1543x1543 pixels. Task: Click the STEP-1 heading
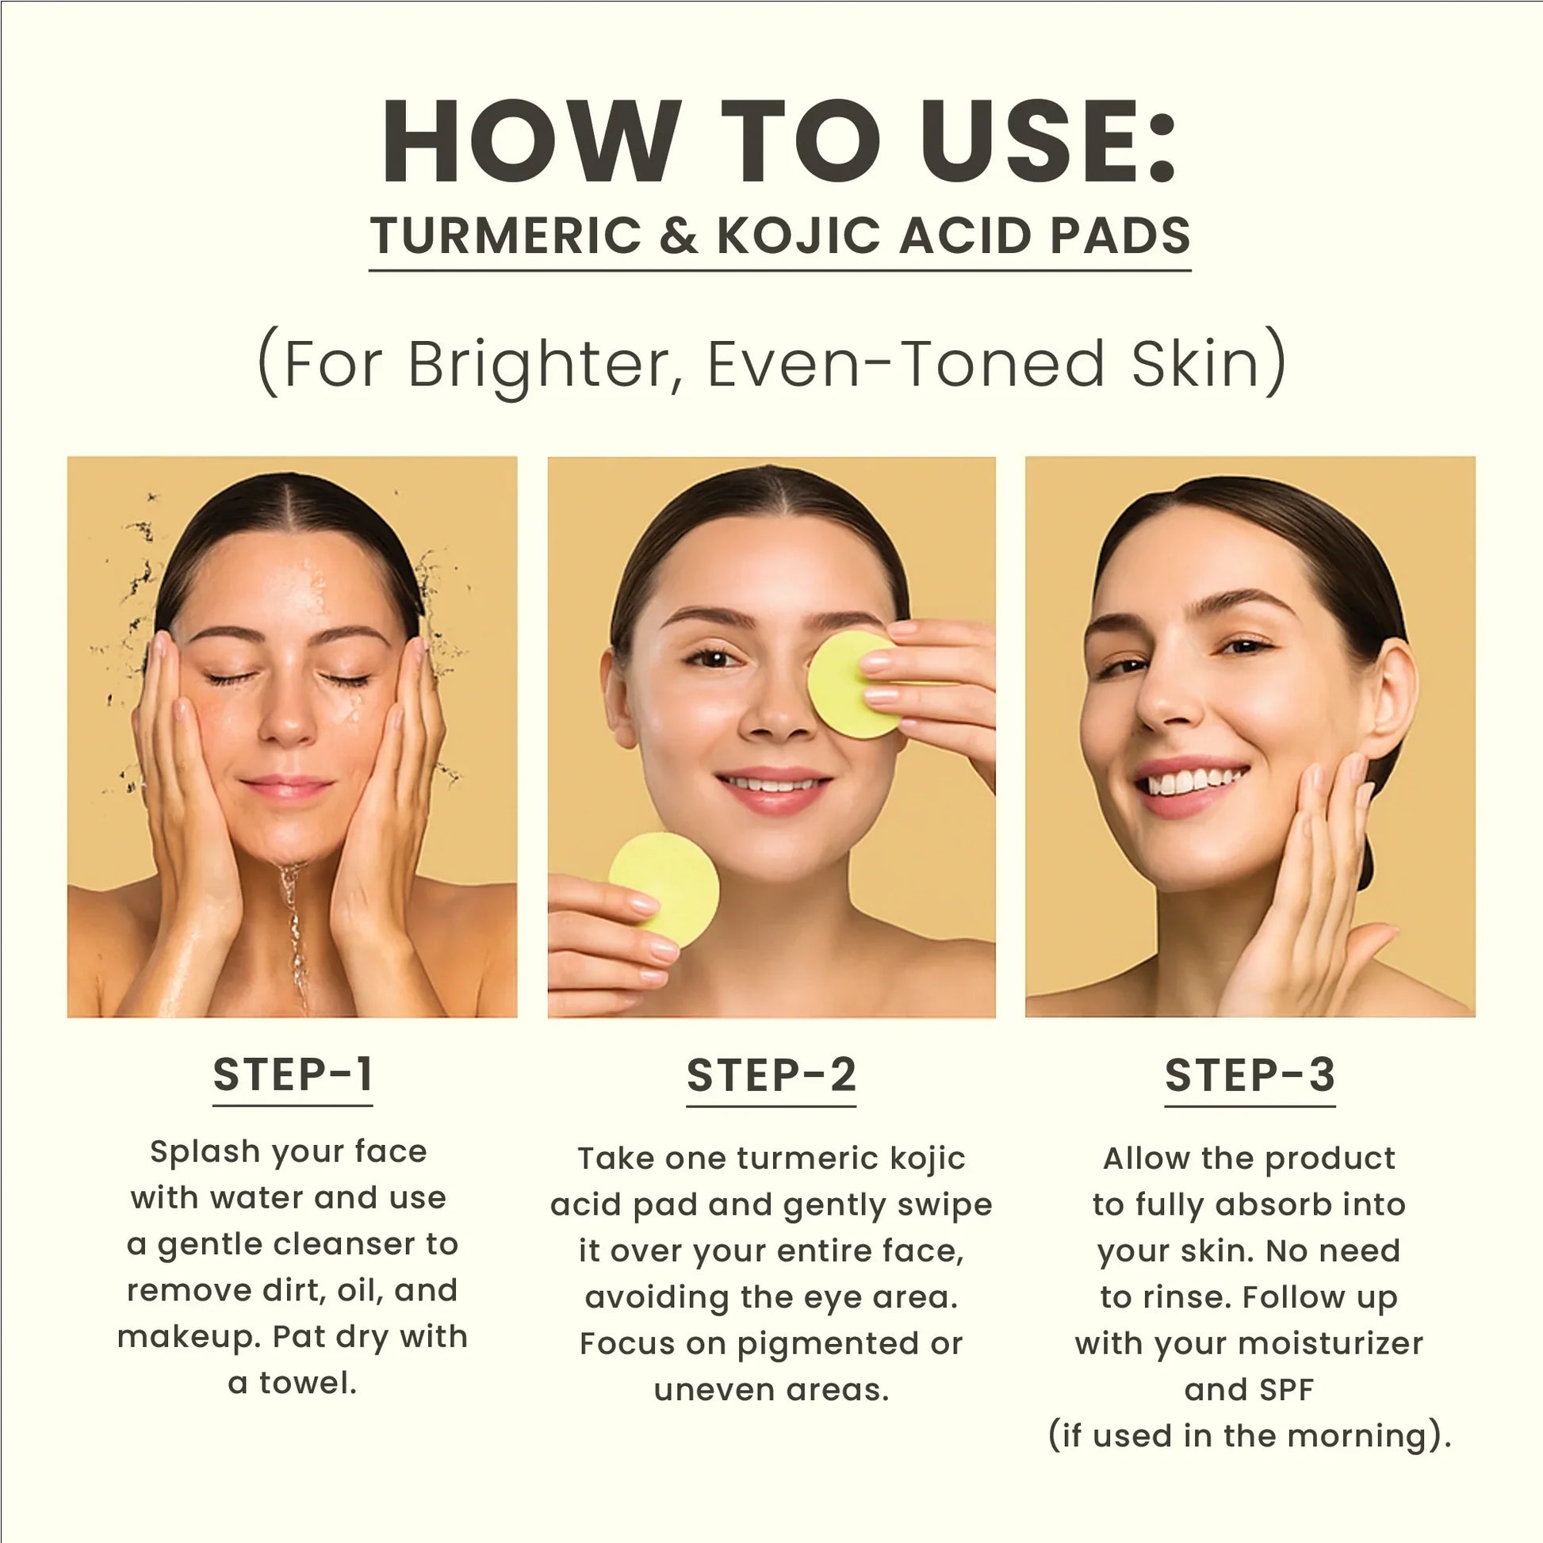pyautogui.click(x=293, y=1074)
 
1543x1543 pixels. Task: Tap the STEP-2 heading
pyautogui.click(x=771, y=1075)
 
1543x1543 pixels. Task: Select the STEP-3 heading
pyautogui.click(x=1249, y=1075)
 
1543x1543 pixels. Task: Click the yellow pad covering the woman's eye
pyautogui.click(x=848, y=684)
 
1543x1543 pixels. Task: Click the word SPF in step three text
pyautogui.click(x=1288, y=1391)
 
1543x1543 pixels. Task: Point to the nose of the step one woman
pyautogui.click(x=289, y=714)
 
